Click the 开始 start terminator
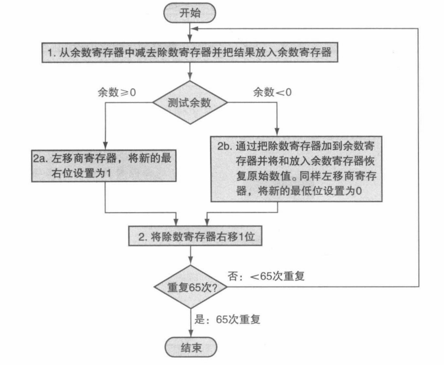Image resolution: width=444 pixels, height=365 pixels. [190, 13]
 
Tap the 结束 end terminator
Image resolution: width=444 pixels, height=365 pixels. [191, 347]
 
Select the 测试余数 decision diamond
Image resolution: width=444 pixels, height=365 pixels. [190, 102]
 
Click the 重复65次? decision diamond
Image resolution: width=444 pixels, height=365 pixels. [191, 287]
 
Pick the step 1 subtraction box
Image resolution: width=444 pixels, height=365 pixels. [190, 53]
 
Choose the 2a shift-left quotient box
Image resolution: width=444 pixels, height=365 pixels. [103, 165]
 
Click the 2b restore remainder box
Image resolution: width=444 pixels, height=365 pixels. [296, 169]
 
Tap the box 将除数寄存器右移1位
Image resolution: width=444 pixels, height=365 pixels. [195, 237]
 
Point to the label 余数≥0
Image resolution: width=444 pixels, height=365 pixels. [117, 92]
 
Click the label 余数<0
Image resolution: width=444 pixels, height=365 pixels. [272, 92]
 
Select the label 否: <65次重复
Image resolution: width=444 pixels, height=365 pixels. [266, 276]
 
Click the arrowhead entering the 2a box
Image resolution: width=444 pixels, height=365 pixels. [105, 146]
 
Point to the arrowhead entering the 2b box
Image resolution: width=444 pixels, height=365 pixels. [277, 132]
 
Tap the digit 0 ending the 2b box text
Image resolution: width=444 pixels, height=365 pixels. [359, 190]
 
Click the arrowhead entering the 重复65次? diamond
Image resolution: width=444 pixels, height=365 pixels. [191, 261]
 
